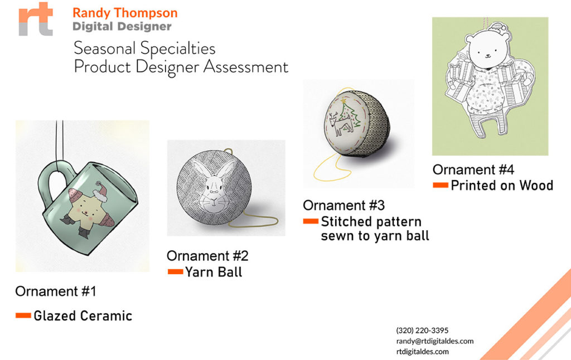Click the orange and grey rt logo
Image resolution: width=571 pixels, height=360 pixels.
pos(36,19)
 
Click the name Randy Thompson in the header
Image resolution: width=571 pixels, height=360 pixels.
pos(125,13)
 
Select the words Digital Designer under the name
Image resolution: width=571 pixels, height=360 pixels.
pos(122,27)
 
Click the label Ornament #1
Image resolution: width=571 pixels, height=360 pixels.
pos(56,291)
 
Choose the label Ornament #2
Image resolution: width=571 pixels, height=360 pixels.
pos(207,256)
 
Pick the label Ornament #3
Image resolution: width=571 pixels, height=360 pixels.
pos(343,205)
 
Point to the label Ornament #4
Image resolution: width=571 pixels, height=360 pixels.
pos(473,169)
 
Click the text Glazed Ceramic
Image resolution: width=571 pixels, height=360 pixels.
pos(83,315)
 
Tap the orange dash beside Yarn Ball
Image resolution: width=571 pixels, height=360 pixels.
pos(175,271)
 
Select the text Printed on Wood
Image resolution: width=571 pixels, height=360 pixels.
pos(502,185)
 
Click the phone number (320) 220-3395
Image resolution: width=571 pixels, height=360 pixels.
pos(423,330)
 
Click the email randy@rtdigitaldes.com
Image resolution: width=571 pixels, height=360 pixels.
pos(435,341)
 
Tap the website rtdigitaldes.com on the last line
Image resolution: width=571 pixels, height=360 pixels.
pos(423,352)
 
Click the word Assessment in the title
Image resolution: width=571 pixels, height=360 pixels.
pos(246,67)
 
